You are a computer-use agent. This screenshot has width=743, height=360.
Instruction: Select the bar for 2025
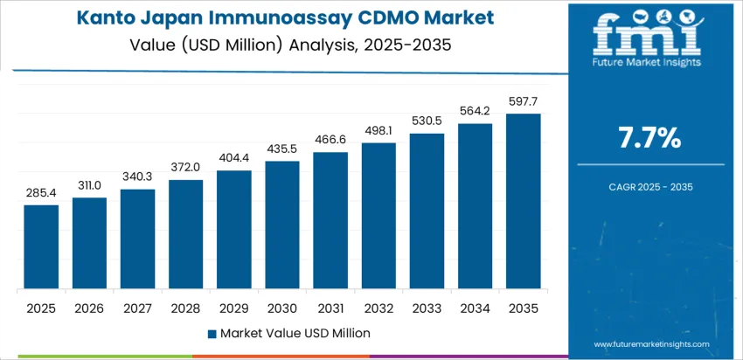41,247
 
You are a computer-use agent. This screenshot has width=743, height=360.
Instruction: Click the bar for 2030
282,225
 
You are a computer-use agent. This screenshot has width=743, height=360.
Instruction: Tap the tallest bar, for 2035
524,202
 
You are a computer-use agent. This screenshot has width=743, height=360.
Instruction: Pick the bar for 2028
186,235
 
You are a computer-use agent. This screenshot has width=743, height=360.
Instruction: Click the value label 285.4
41,191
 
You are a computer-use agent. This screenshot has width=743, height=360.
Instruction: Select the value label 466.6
330,139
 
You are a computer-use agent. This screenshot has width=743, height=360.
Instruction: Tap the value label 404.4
234,157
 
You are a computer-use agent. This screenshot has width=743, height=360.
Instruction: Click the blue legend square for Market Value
212,334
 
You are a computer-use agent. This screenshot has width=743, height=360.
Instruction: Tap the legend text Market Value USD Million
295,333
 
